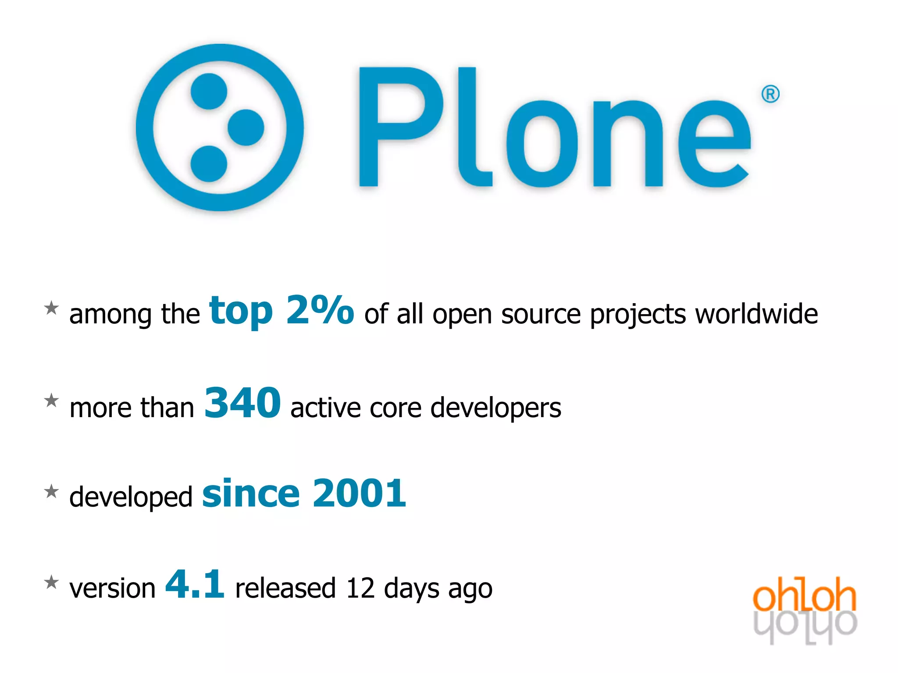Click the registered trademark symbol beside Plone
click(770, 94)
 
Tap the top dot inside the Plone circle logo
click(209, 91)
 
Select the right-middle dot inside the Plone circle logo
click(246, 128)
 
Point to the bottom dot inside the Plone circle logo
click(209, 164)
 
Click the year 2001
click(360, 493)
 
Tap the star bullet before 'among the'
click(52, 308)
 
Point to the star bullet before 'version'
click(52, 582)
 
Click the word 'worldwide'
click(756, 314)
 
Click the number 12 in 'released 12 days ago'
click(360, 588)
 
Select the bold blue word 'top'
click(241, 311)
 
